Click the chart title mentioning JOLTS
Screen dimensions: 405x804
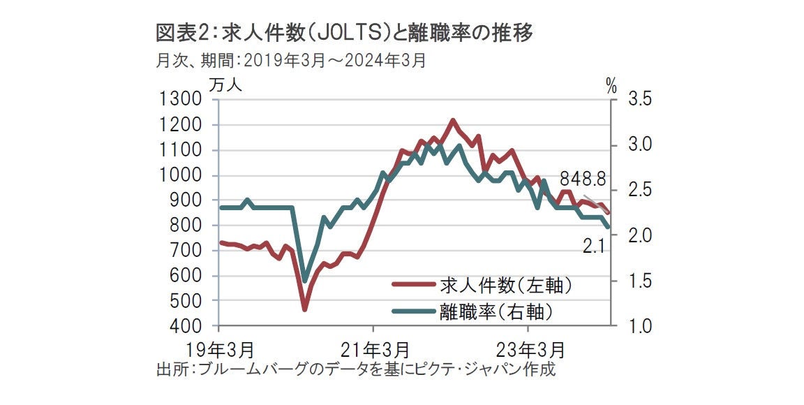[346, 33]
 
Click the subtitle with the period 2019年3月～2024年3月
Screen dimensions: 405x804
[291, 61]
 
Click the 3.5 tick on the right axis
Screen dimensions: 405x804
[640, 100]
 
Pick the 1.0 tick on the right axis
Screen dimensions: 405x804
[640, 326]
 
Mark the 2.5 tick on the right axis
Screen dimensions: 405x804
[640, 191]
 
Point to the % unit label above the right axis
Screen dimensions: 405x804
[611, 87]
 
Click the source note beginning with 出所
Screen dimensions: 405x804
[356, 369]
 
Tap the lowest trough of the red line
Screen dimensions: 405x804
[304, 309]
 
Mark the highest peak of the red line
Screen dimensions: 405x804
[453, 121]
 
